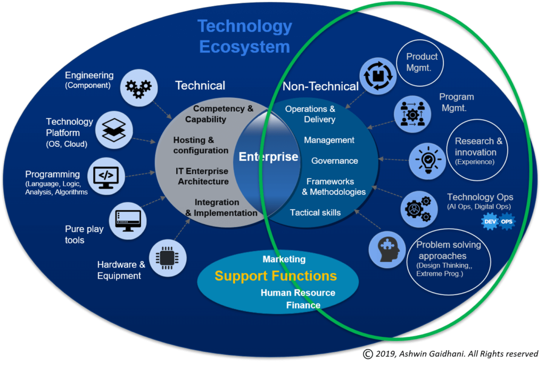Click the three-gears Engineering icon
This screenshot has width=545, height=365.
[139, 88]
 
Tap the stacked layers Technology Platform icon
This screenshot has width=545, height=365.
[114, 130]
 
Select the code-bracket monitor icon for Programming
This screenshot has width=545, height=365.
[106, 176]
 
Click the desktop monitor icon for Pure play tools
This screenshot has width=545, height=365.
[128, 221]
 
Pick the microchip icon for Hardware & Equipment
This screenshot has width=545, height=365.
[168, 258]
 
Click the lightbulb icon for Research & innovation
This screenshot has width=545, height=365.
[427, 161]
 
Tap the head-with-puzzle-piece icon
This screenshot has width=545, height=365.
[387, 250]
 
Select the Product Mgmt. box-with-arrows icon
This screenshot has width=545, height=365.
[378, 76]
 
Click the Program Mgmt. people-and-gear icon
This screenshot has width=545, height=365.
[412, 114]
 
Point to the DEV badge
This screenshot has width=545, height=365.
[490, 222]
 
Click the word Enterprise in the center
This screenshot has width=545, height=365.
[268, 157]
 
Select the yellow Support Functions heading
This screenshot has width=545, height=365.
[276, 276]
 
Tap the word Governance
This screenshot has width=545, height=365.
[334, 161]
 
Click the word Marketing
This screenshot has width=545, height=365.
[284, 259]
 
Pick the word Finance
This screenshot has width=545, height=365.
[303, 305]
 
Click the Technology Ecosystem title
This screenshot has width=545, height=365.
[245, 37]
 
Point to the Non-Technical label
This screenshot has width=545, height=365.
[320, 86]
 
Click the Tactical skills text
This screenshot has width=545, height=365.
[315, 213]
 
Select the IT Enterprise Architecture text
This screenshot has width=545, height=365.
[203, 176]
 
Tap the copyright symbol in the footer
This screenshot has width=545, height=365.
[368, 354]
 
